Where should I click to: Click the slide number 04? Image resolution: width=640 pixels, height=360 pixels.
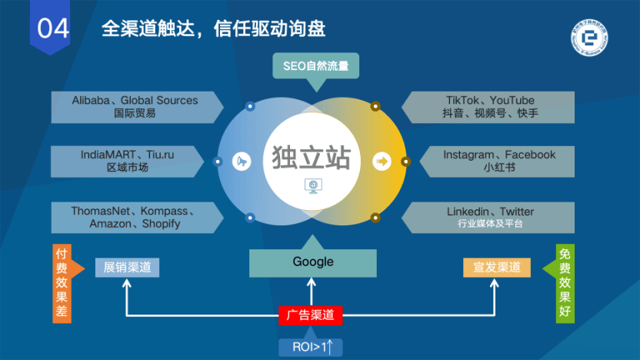(53, 28)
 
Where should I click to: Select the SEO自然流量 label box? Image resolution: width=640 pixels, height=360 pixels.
(315, 66)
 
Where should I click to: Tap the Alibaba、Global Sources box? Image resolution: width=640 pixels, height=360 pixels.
(135, 107)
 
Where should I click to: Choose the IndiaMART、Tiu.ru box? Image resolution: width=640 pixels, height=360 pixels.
(127, 161)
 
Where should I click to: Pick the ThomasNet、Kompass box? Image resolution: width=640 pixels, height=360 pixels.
(135, 218)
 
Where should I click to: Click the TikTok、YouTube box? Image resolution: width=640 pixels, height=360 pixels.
(490, 107)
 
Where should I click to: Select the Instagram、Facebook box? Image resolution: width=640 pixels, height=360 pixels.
(498, 161)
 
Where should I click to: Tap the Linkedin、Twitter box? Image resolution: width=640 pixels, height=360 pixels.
(490, 218)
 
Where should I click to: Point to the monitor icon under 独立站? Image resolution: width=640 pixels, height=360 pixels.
(313, 185)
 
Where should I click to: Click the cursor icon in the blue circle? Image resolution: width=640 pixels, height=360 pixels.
(242, 162)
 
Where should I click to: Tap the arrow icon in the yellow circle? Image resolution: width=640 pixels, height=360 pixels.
(382, 162)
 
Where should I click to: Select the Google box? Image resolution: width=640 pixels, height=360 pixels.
(313, 262)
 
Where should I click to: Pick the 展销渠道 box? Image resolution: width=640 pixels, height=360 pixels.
(128, 268)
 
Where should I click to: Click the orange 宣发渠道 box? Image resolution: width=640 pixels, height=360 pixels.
(497, 268)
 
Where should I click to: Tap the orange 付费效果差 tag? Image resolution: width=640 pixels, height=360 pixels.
(62, 283)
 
